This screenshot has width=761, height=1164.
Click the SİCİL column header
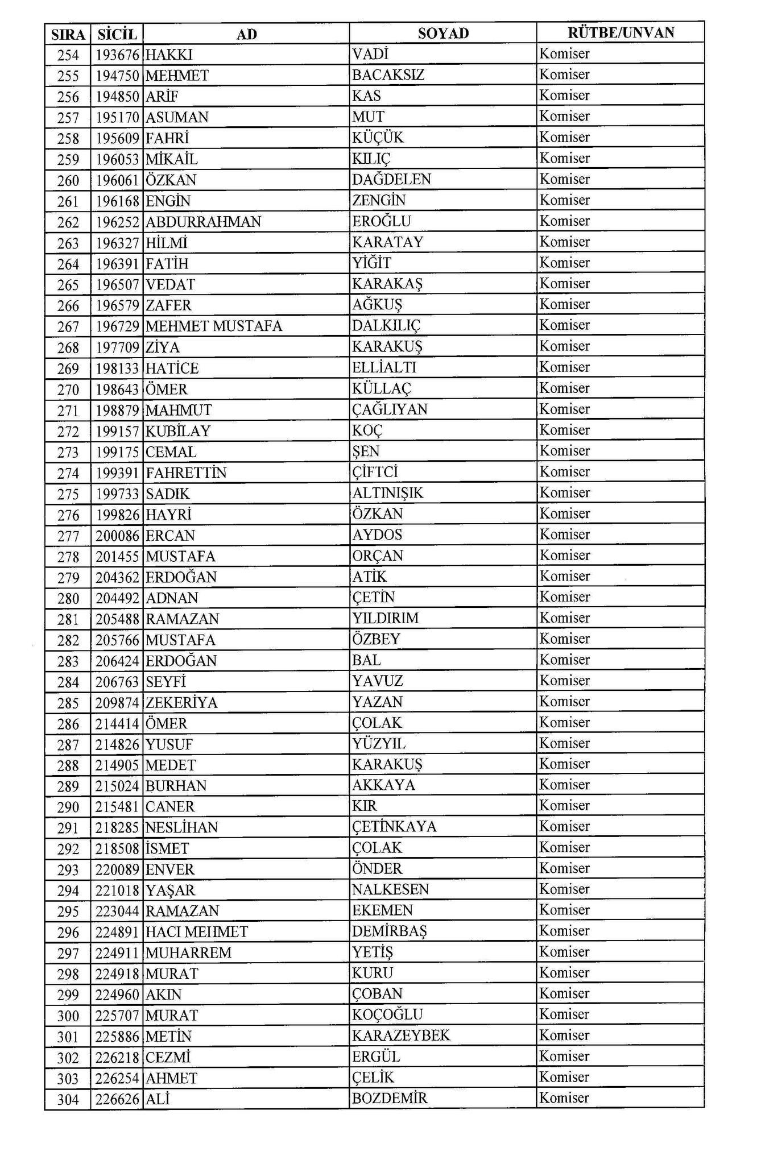pyautogui.click(x=117, y=34)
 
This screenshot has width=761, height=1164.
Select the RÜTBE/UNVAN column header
pyautogui.click(x=621, y=32)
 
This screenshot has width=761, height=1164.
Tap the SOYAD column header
pyautogui.click(x=443, y=34)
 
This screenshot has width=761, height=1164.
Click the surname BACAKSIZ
pyautogui.click(x=388, y=75)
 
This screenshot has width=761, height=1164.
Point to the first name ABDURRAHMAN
pyautogui.click(x=203, y=222)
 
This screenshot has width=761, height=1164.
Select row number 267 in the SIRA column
pyautogui.click(x=68, y=327)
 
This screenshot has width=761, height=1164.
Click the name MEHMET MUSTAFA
pyautogui.click(x=214, y=326)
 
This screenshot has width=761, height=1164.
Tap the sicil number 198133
pyautogui.click(x=117, y=368)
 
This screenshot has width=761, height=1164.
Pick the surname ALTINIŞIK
pyautogui.click(x=387, y=493)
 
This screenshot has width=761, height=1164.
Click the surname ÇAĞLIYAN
pyautogui.click(x=390, y=409)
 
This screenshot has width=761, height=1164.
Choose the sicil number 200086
pyautogui.click(x=117, y=536)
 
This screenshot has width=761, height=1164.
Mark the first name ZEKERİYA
pyautogui.click(x=181, y=703)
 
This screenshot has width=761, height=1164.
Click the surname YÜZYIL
pyautogui.click(x=378, y=744)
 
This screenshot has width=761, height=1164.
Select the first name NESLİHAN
pyautogui.click(x=181, y=827)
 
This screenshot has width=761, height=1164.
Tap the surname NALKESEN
pyautogui.click(x=390, y=889)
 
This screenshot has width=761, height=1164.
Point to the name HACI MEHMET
pyautogui.click(x=197, y=932)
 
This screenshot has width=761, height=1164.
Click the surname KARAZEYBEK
pyautogui.click(x=400, y=1035)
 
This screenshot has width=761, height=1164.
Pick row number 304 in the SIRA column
pyautogui.click(x=68, y=1100)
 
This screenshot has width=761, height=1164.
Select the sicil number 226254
pyautogui.click(x=117, y=1079)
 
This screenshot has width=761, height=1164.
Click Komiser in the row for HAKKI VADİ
pyautogui.click(x=564, y=54)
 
